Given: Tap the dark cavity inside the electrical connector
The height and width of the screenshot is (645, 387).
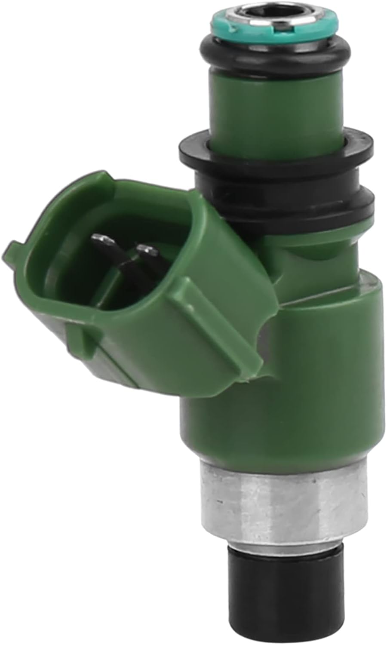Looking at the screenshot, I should point(86,275).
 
